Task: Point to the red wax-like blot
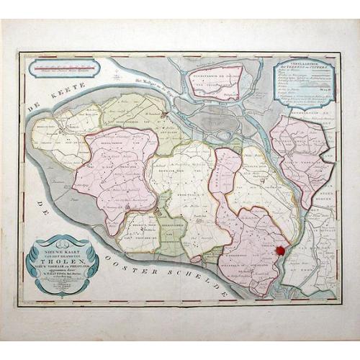click(x=279, y=250)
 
